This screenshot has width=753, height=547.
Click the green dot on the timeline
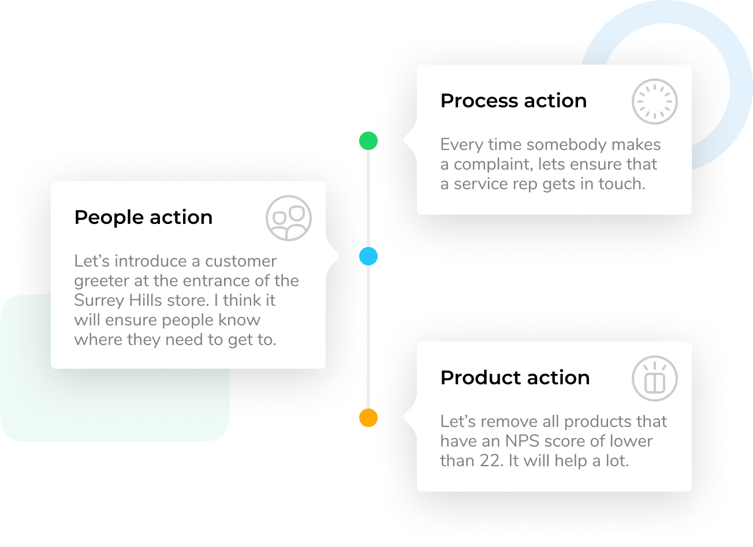coord(368,141)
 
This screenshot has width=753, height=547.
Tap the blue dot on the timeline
coord(368,256)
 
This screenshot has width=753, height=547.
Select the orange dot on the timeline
coord(368,418)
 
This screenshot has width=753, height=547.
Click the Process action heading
coord(513,101)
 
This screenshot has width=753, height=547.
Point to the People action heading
coord(143,218)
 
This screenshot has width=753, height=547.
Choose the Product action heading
coord(515,378)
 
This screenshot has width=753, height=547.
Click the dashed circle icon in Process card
coord(654,102)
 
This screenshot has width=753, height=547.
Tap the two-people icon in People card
coord(288,218)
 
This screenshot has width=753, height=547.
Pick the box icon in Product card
coord(654,379)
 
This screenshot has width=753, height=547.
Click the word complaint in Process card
coord(494,164)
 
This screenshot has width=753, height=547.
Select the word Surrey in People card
coord(99,301)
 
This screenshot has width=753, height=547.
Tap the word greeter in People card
coord(102,281)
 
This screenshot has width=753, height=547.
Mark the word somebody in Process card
coord(566,144)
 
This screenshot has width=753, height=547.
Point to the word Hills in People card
coord(146,300)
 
